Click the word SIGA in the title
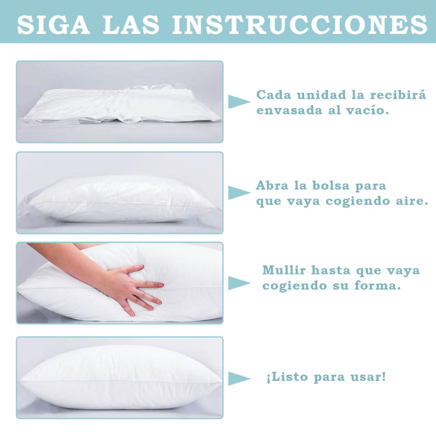(53, 25)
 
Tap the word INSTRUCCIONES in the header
(300, 25)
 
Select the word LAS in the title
(130, 25)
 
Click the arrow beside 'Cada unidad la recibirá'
(239, 102)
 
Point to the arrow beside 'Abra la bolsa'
(239, 193)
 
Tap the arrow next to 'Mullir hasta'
(239, 283)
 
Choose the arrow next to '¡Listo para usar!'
(239, 378)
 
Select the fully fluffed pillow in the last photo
(120, 377)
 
